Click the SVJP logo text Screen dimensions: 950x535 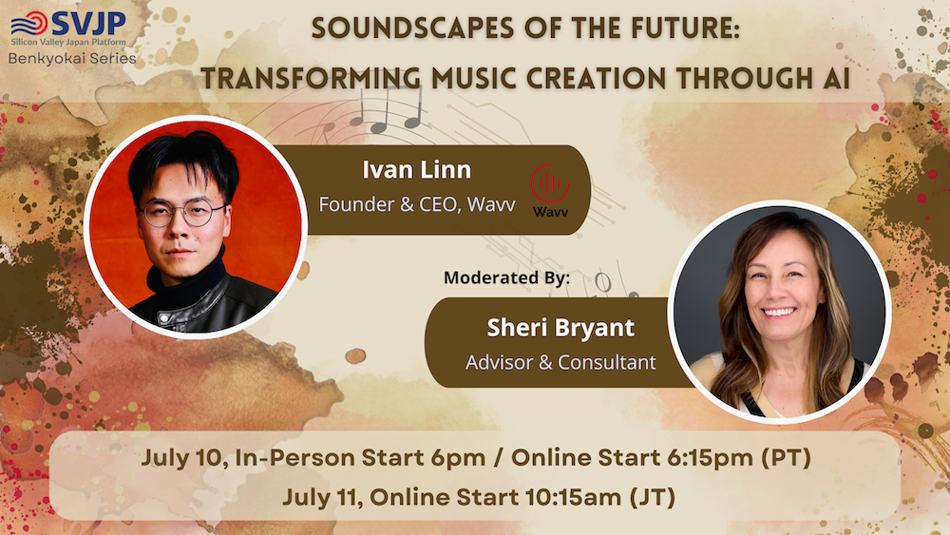click(x=88, y=23)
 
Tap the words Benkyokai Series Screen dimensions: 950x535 click(x=72, y=59)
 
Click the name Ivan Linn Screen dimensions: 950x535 click(x=417, y=170)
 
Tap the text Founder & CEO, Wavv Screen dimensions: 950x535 click(x=417, y=205)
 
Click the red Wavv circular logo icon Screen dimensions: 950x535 click(x=550, y=183)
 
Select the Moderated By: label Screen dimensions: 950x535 click(x=506, y=277)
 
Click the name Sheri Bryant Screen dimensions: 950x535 click(x=560, y=328)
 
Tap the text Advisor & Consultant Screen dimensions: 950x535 click(x=560, y=362)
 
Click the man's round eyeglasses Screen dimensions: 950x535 click(x=181, y=213)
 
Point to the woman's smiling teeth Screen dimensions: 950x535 click(x=779, y=313)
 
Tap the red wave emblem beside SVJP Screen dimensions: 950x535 click(x=28, y=24)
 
